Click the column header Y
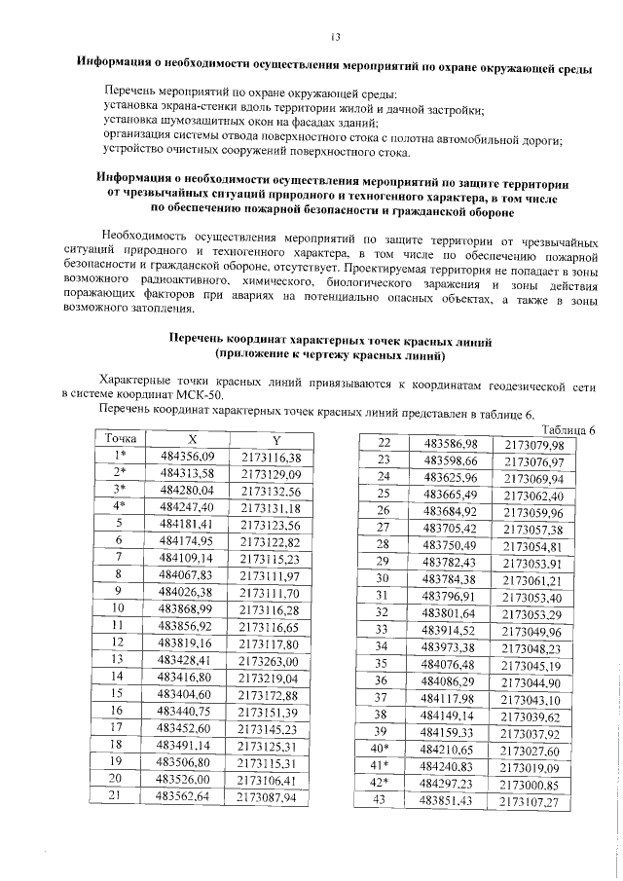(276, 438)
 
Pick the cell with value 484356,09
(187, 456)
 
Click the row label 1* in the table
(121, 456)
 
